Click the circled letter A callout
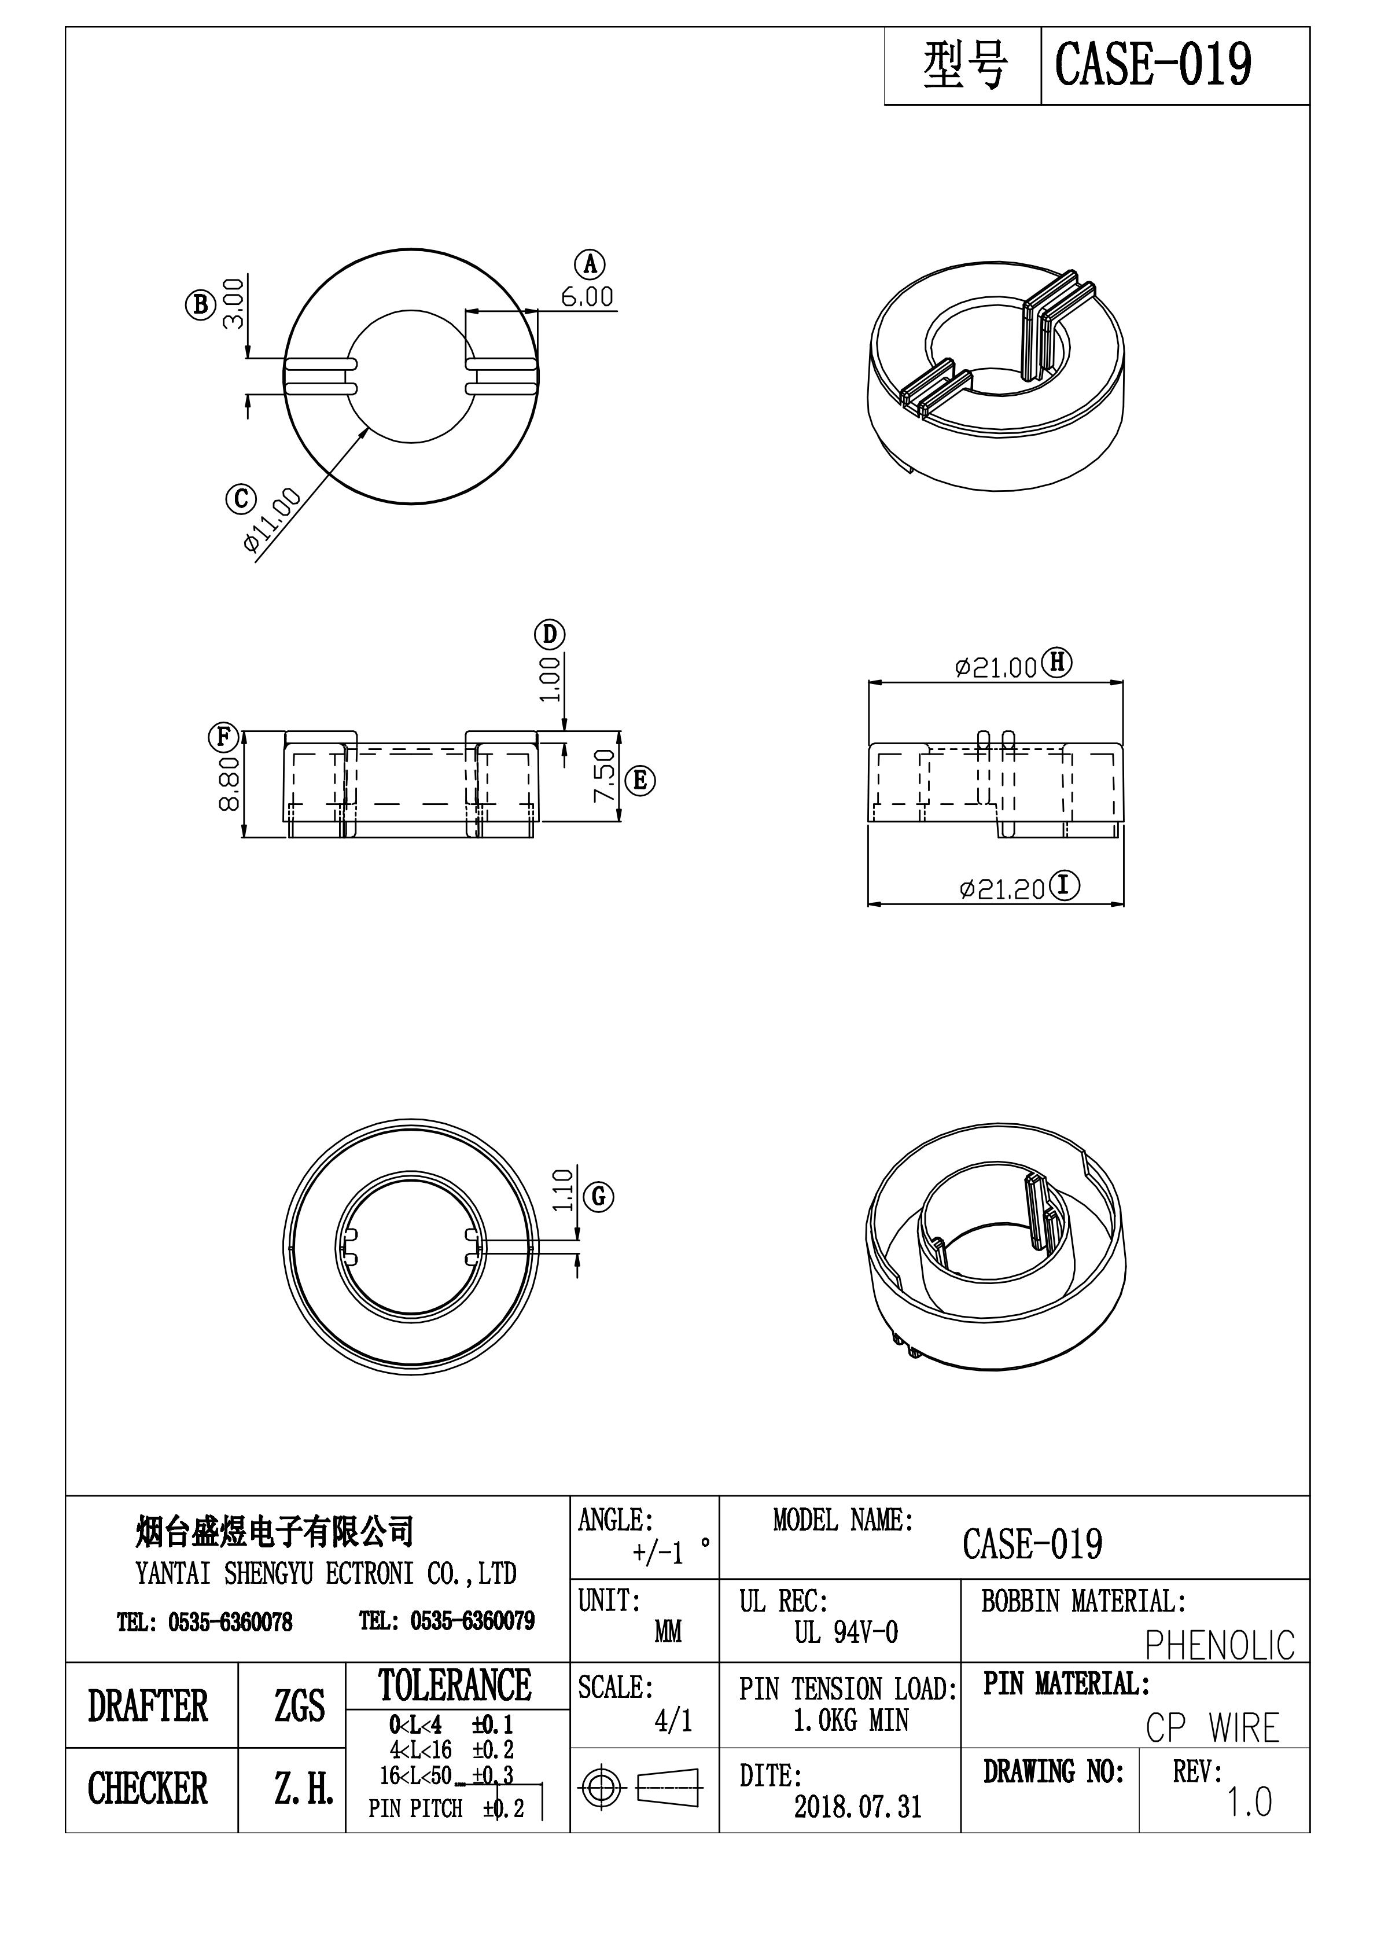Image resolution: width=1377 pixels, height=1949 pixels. tap(590, 265)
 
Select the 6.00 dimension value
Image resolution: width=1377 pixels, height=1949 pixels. tap(587, 297)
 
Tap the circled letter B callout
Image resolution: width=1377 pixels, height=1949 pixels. tap(200, 304)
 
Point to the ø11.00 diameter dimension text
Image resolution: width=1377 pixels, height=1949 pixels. tap(273, 520)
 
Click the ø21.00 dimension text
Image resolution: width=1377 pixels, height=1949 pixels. tap(996, 668)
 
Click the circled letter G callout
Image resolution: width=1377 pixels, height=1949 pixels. tap(599, 1197)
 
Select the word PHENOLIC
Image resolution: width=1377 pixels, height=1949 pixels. tap(1219, 1645)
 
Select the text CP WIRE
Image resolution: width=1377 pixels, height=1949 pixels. tap(1212, 1729)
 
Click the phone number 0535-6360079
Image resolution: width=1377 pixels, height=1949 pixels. tap(472, 1621)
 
